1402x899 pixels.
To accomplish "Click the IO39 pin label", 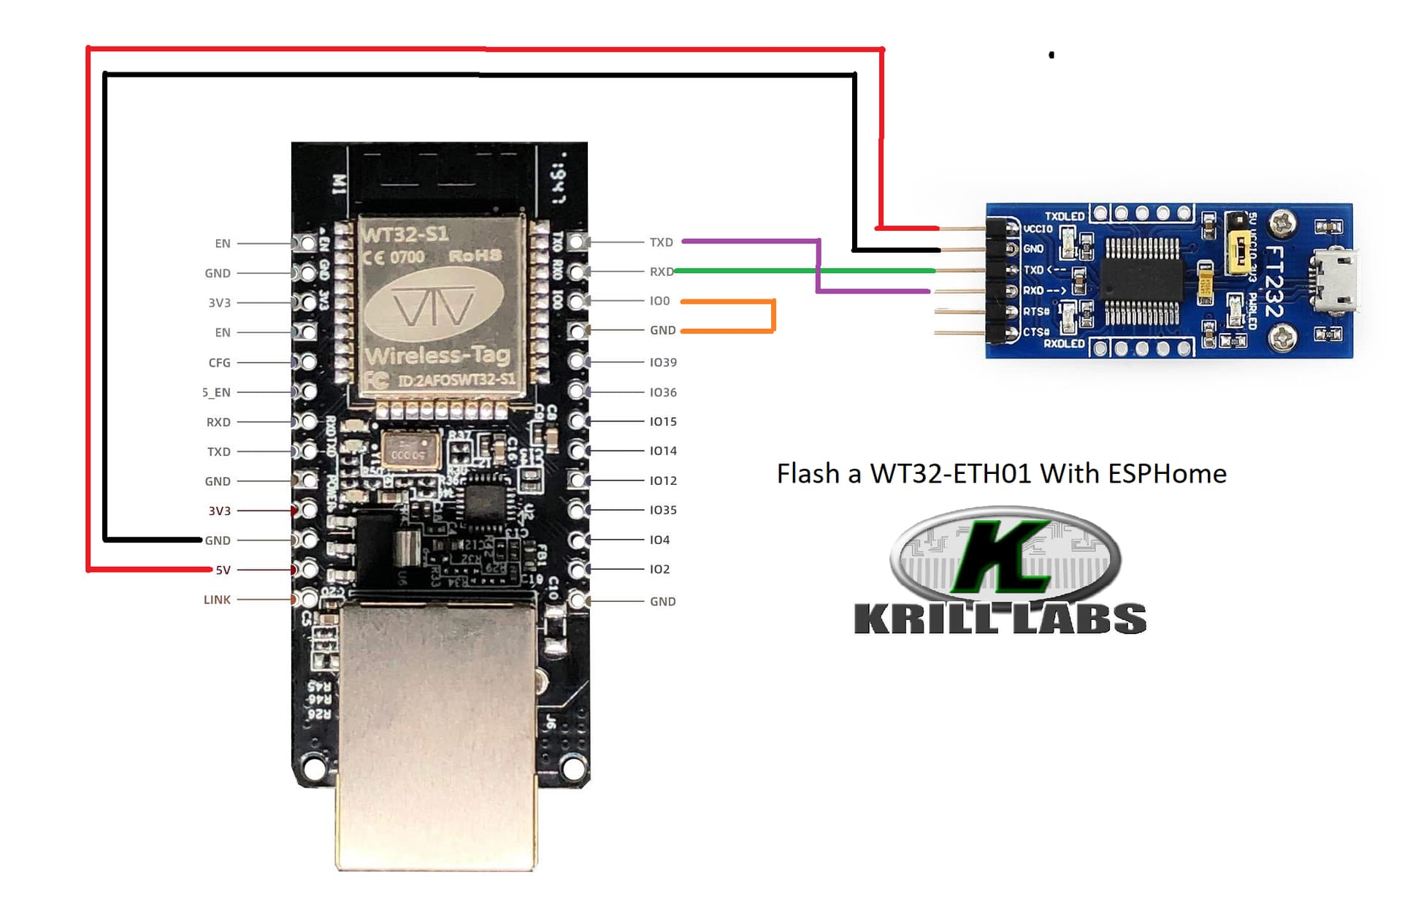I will [663, 362].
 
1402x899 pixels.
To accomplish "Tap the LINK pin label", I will [217, 600].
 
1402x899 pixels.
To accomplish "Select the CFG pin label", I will [219, 363].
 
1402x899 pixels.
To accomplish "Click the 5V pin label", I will [223, 570].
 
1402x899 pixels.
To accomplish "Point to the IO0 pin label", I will [659, 301].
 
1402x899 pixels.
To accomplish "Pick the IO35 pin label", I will [663, 510].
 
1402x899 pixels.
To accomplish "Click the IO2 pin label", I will [659, 569].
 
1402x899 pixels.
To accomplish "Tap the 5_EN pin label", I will [216, 393].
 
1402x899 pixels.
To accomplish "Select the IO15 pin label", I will [663, 421].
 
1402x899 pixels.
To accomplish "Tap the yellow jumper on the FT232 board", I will [1238, 253].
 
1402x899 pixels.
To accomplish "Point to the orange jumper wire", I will [773, 315].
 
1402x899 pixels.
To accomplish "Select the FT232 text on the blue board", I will [1274, 281].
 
